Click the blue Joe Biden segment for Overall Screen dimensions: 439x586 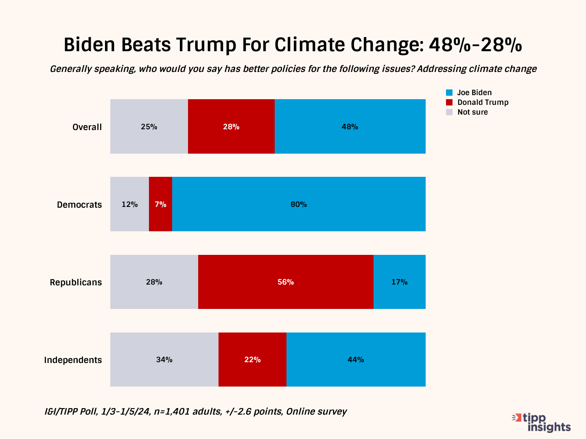(350, 126)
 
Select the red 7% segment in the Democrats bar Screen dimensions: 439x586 (160, 204)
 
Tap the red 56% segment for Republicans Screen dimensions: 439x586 (286, 282)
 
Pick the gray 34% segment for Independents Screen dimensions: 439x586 (164, 359)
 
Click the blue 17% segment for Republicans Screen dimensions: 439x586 (400, 282)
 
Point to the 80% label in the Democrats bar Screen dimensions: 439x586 (299, 204)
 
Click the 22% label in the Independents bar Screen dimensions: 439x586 (252, 360)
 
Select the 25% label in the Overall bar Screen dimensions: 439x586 (149, 127)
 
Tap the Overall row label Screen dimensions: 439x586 (87, 127)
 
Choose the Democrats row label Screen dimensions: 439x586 (79, 205)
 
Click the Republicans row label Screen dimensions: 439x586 (76, 283)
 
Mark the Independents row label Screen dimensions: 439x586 (73, 360)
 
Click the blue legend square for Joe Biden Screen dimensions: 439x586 (449, 93)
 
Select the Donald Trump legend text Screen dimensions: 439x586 (483, 102)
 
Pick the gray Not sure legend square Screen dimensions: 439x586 (449, 112)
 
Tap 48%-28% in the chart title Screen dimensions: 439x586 (475, 45)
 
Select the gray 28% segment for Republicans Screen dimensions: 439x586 (154, 282)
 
